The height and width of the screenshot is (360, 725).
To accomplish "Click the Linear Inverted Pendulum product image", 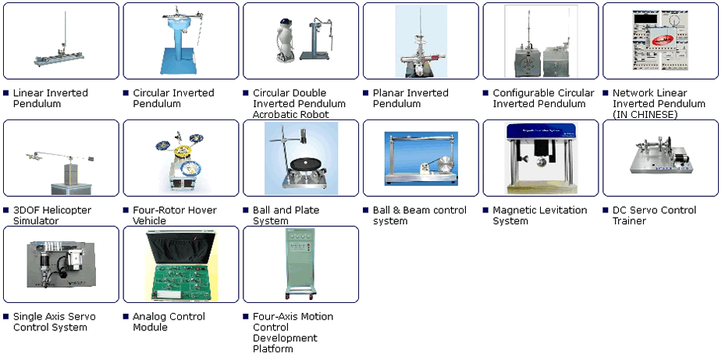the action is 61,41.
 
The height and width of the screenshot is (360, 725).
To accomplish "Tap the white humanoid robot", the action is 283,41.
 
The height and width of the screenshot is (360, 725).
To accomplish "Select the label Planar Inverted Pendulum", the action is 410,98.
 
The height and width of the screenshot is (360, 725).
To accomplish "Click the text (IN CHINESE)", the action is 645,114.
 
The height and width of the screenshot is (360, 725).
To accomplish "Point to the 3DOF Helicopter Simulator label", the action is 52,216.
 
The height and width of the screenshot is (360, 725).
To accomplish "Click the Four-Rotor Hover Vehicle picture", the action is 180,159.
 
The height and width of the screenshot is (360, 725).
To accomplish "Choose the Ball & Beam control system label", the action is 419,216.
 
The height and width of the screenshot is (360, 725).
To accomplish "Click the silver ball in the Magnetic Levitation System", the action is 541,162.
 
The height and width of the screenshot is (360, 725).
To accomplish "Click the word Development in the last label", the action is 285,338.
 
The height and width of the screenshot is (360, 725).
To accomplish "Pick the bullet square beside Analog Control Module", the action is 126,316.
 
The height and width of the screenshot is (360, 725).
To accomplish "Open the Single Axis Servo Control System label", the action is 54,322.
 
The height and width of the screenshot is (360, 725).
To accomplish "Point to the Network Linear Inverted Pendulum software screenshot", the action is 660,41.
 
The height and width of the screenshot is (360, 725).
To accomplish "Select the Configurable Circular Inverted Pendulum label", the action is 543,98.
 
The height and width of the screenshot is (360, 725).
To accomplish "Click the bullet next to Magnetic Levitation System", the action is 485,210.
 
